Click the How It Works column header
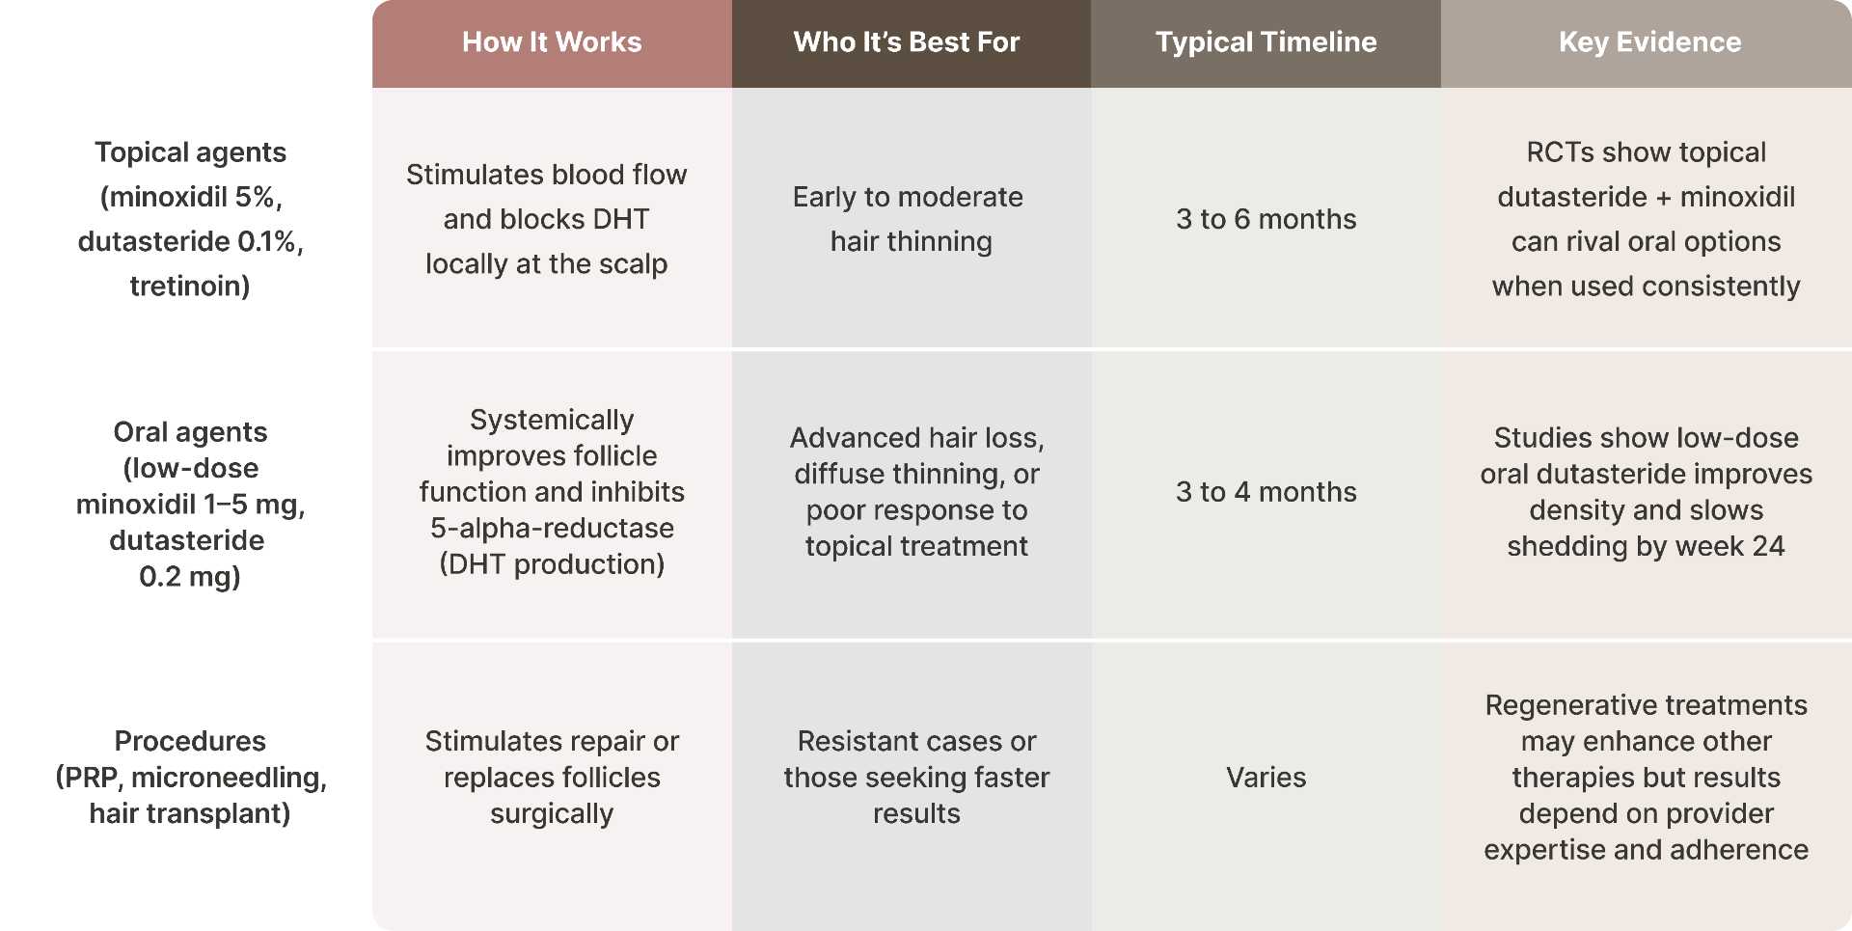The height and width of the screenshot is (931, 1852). [552, 42]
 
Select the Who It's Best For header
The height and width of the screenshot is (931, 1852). [906, 42]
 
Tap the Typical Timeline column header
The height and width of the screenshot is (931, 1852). [1266, 42]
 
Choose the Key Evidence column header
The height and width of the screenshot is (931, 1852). [1649, 42]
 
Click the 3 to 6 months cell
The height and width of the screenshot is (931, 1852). [1266, 219]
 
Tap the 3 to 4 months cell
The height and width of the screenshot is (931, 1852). [1266, 492]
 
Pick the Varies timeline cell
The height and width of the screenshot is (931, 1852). [1266, 778]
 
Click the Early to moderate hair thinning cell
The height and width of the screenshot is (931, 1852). [908, 219]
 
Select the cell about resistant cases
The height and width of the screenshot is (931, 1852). [916, 777]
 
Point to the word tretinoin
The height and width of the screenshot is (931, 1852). [190, 287]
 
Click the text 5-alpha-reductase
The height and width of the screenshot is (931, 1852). [552, 529]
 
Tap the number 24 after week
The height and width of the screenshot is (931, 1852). [1768, 547]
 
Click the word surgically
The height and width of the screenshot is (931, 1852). [552, 814]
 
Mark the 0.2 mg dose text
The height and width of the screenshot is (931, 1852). [190, 577]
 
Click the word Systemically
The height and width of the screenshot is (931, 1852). [552, 420]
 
